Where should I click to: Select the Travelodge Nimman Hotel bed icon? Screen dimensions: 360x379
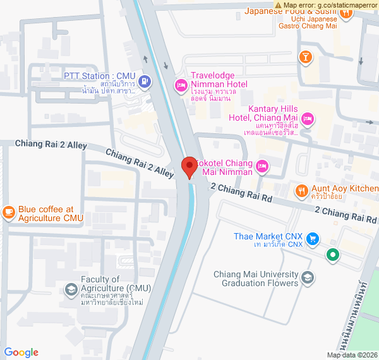(180, 85)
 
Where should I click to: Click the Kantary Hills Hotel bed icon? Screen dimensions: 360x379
(308, 118)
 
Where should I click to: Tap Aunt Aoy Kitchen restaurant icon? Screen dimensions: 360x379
(302, 189)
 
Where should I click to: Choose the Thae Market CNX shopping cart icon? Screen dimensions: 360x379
(312, 239)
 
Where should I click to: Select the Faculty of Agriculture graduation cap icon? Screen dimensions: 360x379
(71, 291)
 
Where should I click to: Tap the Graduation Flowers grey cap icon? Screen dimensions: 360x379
(307, 278)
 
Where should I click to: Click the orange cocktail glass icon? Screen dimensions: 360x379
(306, 57)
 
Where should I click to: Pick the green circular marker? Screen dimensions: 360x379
(333, 255)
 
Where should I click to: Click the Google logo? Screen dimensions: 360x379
(21, 352)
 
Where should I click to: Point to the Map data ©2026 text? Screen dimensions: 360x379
(351, 356)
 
